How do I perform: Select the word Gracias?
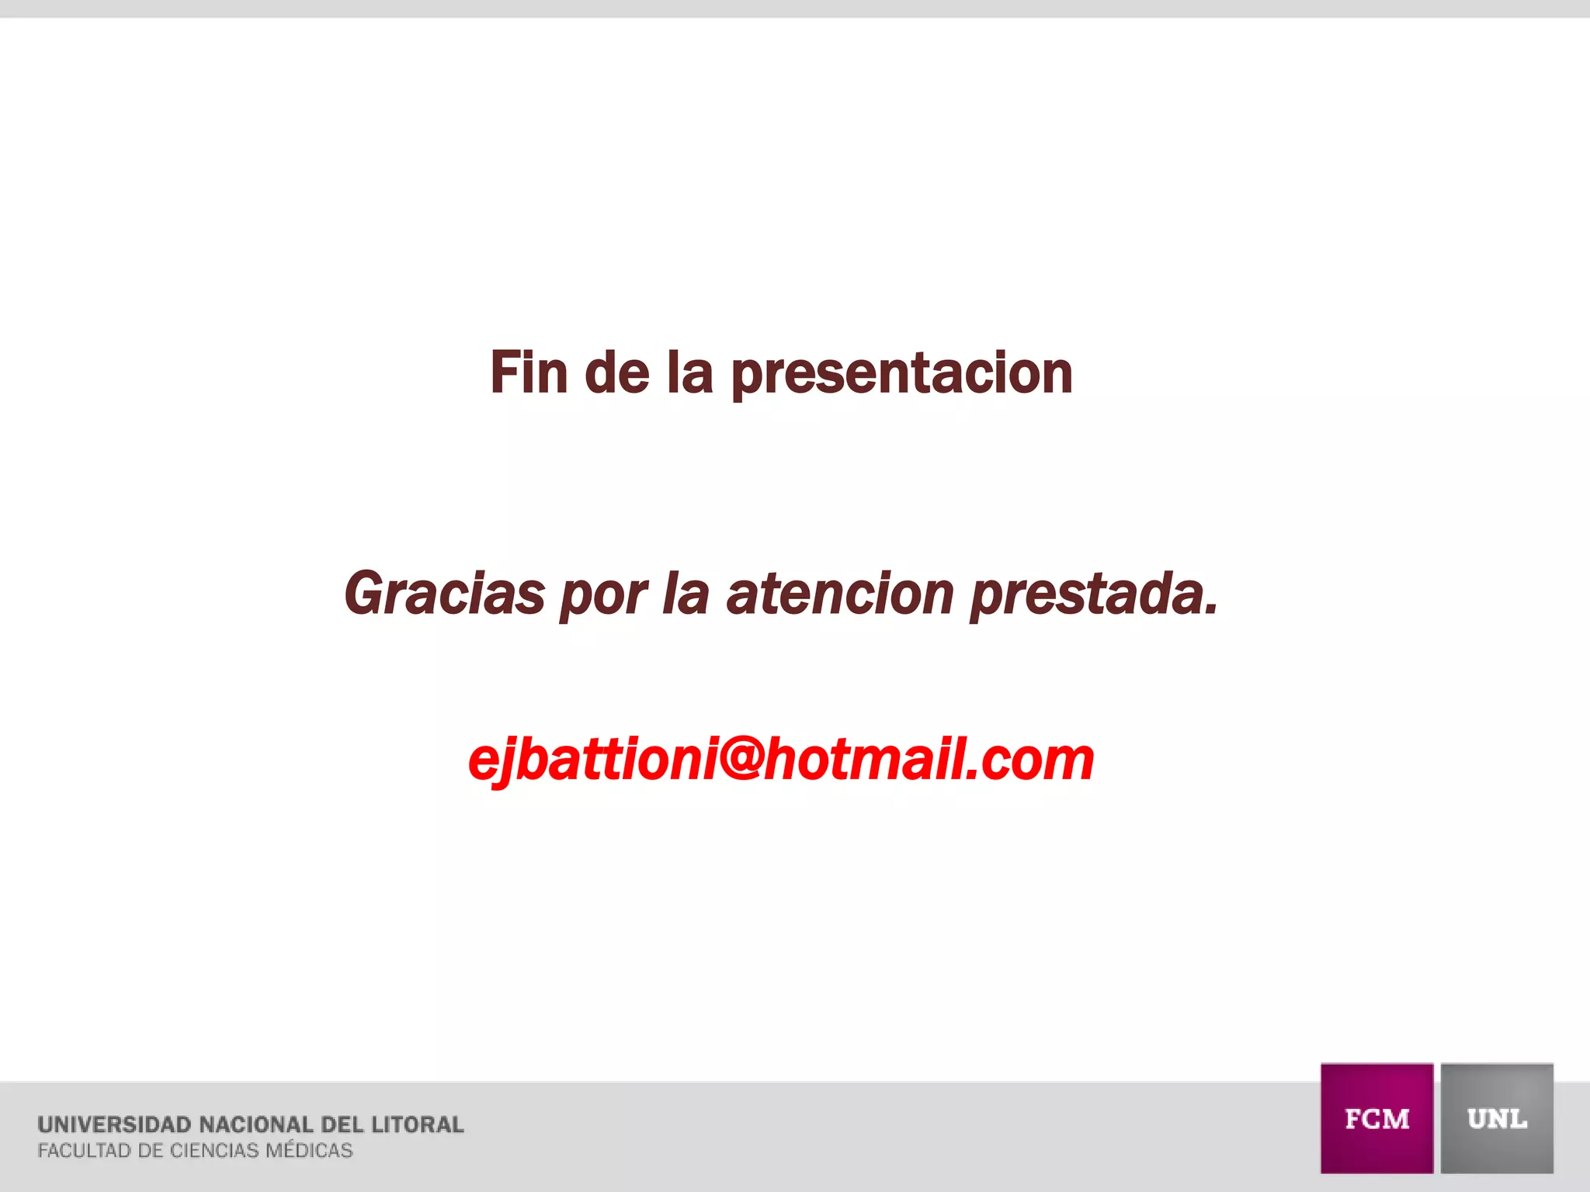tap(445, 594)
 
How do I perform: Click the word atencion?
tap(839, 594)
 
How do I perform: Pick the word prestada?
tap(1094, 596)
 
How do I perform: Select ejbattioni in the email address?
tap(592, 761)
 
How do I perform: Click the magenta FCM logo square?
tap(1376, 1117)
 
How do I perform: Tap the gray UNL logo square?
tap(1497, 1117)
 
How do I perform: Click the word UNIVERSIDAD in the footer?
tap(114, 1124)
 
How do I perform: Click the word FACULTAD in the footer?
tap(84, 1151)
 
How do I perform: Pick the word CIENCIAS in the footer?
tap(214, 1151)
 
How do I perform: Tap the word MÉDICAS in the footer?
tap(309, 1150)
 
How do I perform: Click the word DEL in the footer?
tap(342, 1124)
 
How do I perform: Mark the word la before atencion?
tap(686, 594)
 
